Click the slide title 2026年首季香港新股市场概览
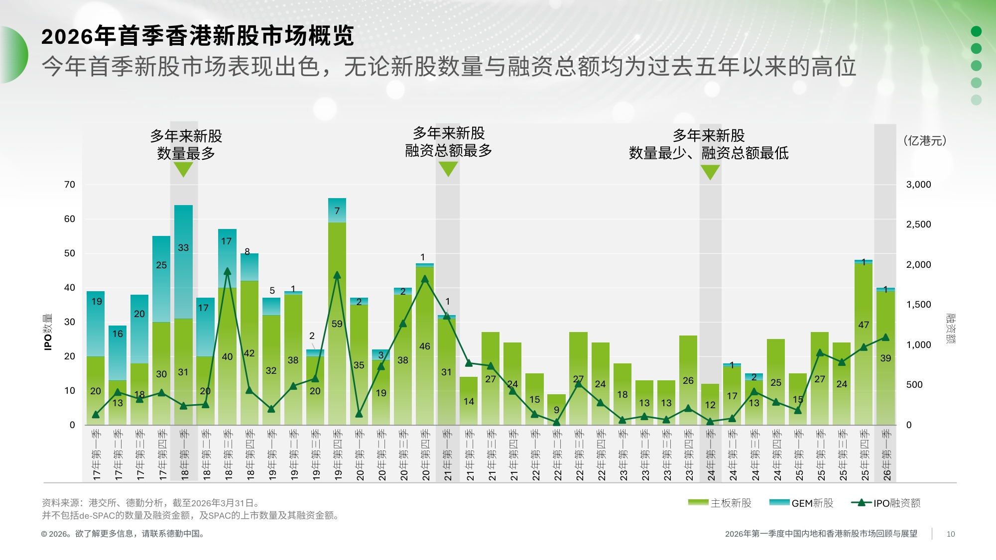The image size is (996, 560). pyautogui.click(x=197, y=36)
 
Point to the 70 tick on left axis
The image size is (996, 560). pyautogui.click(x=70, y=185)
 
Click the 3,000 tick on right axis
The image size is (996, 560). pyautogui.click(x=918, y=185)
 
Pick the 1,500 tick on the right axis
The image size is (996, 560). pyautogui.click(x=918, y=305)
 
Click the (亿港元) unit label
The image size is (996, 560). pyautogui.click(x=924, y=141)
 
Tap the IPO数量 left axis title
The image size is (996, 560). pyautogui.click(x=48, y=332)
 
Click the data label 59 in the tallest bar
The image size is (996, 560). pyautogui.click(x=337, y=324)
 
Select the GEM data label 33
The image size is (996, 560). pyautogui.click(x=183, y=248)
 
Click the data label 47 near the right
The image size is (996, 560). pyautogui.click(x=864, y=325)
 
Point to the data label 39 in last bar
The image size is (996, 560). pyautogui.click(x=885, y=358)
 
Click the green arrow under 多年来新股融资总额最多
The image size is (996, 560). pyautogui.click(x=448, y=169)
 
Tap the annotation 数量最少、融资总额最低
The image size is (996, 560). pyautogui.click(x=709, y=153)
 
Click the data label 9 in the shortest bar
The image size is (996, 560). pyautogui.click(x=556, y=410)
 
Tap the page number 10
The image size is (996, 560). pyautogui.click(x=951, y=534)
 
